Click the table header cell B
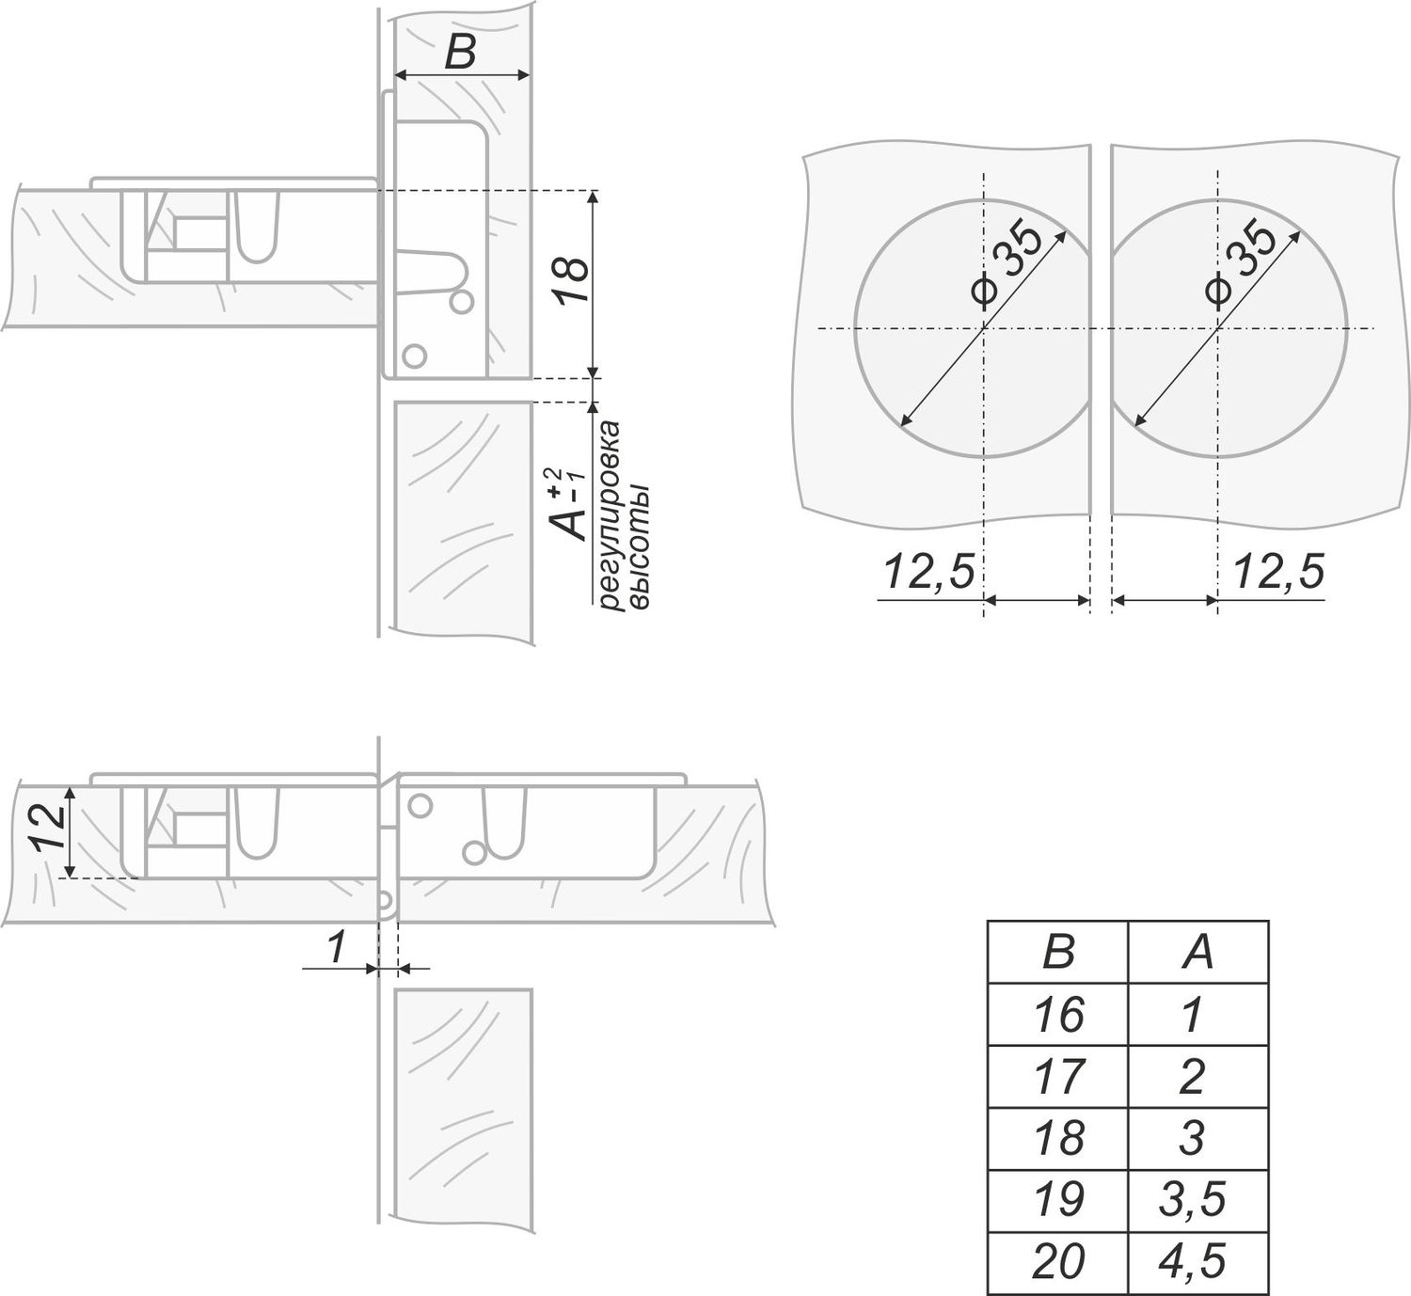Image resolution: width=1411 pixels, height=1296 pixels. point(1058,952)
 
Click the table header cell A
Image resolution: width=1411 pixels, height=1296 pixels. point(1197,952)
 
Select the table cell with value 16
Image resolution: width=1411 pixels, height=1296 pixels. point(1058,1014)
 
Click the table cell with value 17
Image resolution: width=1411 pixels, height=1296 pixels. point(1058,1077)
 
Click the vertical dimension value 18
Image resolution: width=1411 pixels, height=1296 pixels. point(570,280)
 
